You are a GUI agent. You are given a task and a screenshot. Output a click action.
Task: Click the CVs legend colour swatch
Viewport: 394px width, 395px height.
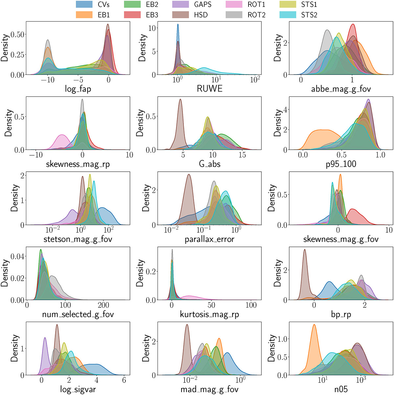point(84,5)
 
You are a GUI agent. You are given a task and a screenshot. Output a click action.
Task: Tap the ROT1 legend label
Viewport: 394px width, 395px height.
point(256,5)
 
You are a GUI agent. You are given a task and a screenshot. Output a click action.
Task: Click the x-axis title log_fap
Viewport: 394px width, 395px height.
point(78,89)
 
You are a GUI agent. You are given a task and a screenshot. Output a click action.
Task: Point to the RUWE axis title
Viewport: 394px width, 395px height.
point(209,88)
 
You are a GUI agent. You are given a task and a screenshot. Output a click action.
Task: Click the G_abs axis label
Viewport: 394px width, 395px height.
point(209,164)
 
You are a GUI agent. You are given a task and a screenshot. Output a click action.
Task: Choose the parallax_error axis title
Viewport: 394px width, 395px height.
point(209,239)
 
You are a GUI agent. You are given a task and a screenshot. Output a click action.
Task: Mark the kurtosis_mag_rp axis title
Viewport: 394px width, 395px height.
point(209,315)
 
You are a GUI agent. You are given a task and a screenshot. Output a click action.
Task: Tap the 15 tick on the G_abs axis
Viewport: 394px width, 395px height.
point(242,155)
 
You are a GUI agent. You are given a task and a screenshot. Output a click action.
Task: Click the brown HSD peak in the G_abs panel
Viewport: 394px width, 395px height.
point(180,102)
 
